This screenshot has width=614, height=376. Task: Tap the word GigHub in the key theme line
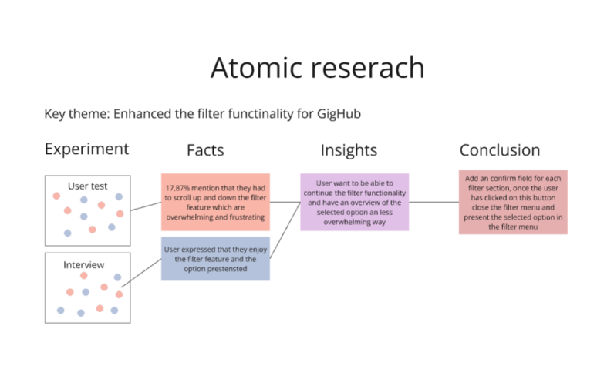[x=339, y=114]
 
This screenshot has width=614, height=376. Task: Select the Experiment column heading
[x=86, y=149]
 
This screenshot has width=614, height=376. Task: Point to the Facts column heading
[x=205, y=150]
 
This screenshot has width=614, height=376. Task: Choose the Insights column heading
[x=349, y=151]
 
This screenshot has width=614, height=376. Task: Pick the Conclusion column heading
[x=500, y=150]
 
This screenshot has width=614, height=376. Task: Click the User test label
[x=87, y=186]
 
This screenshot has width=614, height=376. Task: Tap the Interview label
[x=84, y=265]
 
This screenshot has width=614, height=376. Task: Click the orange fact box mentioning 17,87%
[x=215, y=203]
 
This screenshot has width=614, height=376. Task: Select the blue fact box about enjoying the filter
[x=215, y=259]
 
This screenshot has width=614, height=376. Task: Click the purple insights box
[x=354, y=203]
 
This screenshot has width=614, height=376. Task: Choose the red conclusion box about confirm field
[x=513, y=203]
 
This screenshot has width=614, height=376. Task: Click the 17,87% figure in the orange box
[x=177, y=188]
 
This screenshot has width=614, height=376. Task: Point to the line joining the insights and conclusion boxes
[x=434, y=203]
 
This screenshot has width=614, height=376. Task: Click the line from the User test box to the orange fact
[x=146, y=206]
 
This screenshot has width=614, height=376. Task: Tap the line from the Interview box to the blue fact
[x=141, y=273]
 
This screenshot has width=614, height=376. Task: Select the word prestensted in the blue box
[x=227, y=269]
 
